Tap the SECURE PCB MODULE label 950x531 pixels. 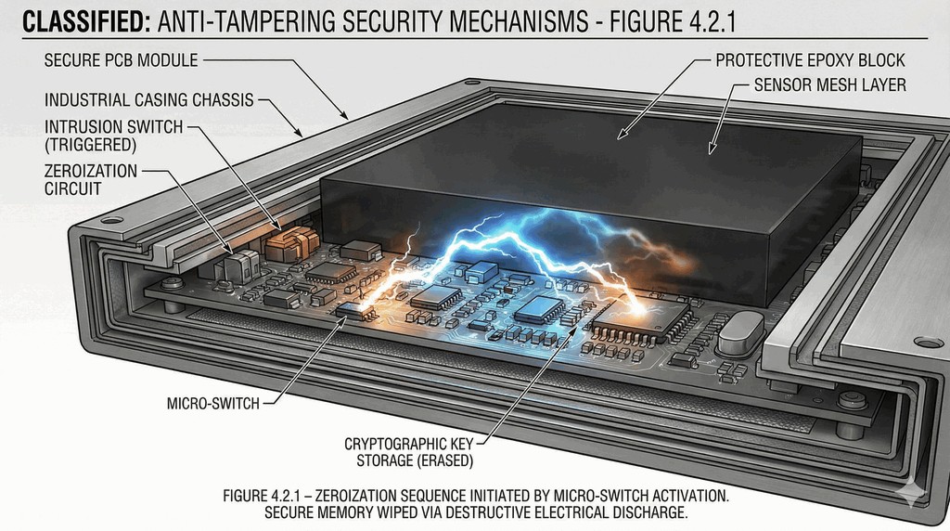pos(121,61)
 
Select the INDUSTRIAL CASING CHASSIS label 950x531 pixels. pos(148,97)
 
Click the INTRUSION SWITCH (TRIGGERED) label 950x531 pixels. pos(113,136)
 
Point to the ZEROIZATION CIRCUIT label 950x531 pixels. pos(90,179)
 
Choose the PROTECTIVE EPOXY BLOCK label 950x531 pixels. pos(810,61)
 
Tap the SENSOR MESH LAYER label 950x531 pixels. pos(829,85)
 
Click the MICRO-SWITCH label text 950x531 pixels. pos(212,404)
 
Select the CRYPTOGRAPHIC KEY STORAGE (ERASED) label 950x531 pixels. pos(409,452)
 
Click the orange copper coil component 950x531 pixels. pos(286,245)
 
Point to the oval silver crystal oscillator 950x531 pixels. pos(740,330)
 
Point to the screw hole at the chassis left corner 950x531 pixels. pos(112,221)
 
